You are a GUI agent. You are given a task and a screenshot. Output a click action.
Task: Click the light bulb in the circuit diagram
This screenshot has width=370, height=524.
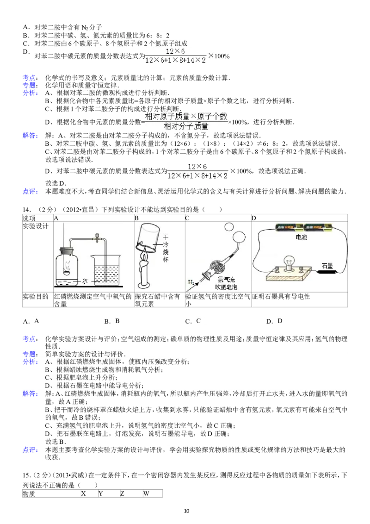[290, 262]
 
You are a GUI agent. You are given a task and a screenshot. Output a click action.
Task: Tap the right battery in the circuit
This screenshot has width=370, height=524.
[320, 228]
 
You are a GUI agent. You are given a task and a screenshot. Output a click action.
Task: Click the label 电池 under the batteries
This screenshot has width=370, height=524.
[301, 237]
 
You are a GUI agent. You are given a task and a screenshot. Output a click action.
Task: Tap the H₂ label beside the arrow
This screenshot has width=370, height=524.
[191, 281]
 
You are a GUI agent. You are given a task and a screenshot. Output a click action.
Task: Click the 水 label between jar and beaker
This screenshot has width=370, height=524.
[85, 281]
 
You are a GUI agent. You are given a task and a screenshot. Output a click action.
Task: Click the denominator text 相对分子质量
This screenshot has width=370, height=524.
[186, 126]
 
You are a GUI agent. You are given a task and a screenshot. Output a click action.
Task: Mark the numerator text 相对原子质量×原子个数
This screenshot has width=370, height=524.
[187, 116]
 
